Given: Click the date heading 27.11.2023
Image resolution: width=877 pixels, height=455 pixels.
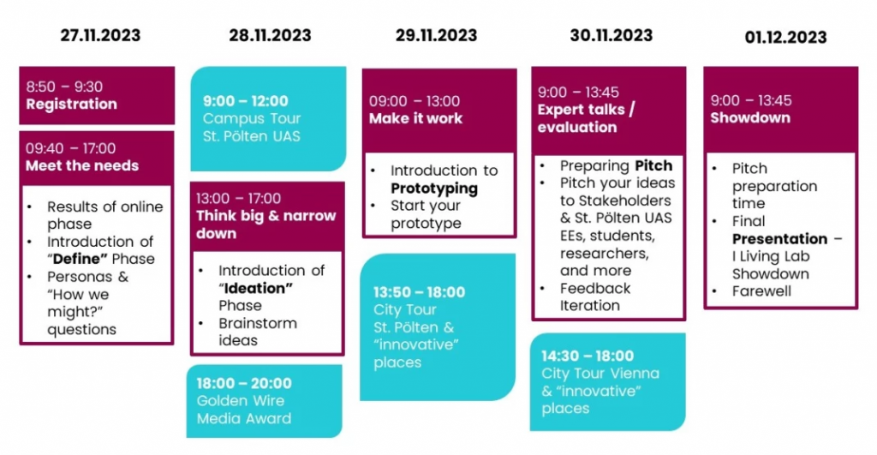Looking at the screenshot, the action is click(x=101, y=35).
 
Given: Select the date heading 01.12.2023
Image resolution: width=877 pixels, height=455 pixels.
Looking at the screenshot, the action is click(x=785, y=38).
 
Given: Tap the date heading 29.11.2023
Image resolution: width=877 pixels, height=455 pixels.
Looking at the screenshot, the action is click(x=436, y=35).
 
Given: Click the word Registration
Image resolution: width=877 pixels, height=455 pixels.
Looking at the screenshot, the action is click(x=72, y=104).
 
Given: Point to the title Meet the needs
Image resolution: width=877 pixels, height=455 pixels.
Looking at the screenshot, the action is click(x=82, y=165).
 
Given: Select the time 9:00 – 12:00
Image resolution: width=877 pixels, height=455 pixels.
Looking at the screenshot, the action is click(x=246, y=101).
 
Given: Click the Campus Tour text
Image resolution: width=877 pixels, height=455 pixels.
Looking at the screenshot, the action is click(x=252, y=118).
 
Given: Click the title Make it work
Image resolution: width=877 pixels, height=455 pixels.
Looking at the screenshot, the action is click(x=415, y=118).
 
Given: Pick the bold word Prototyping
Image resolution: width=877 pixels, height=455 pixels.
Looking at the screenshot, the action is click(x=434, y=188).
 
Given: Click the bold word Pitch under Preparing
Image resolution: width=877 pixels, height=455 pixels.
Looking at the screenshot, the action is click(x=653, y=165).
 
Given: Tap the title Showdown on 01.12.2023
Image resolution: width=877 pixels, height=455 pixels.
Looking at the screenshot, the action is click(x=750, y=118).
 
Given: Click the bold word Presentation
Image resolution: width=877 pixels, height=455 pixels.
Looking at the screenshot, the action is click(x=779, y=239).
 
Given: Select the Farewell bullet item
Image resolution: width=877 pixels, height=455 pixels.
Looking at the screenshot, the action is click(x=761, y=291).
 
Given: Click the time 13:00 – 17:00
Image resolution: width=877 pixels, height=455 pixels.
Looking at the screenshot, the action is click(x=238, y=199).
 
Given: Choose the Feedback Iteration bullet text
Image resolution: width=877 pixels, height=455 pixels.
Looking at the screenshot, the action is click(x=595, y=296).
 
